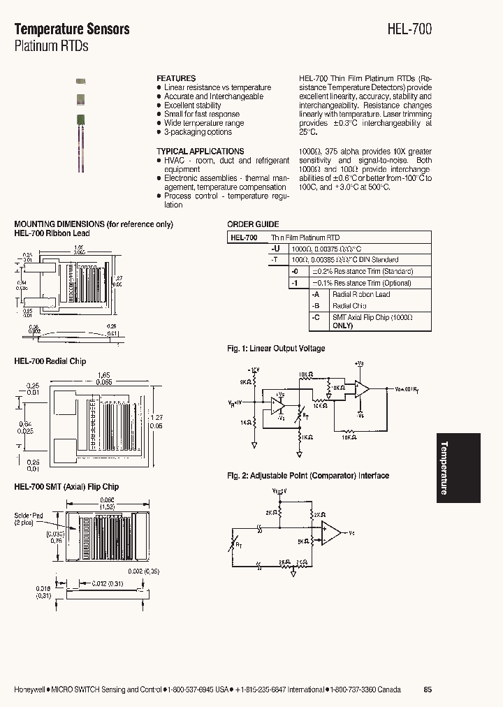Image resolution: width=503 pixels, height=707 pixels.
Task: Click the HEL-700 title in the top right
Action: coord(410,29)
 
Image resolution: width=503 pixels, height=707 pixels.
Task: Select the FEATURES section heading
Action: coord(176,78)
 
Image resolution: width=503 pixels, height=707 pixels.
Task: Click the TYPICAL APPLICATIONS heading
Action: coord(200,151)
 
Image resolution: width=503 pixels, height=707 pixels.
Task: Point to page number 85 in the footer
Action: coord(428,690)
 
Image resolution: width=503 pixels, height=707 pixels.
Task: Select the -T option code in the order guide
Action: coord(275,259)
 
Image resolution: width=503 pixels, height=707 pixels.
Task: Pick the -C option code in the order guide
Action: coord(316,317)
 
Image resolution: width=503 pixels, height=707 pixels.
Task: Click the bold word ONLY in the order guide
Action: coord(342,326)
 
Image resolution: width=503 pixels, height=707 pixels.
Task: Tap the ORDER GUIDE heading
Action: coord(253,224)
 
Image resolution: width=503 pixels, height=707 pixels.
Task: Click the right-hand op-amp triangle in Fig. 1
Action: coord(361,389)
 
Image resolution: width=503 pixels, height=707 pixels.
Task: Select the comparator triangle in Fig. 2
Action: coord(332,533)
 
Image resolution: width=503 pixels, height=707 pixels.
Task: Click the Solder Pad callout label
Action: coord(29,518)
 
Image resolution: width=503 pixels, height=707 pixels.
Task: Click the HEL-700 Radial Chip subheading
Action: coord(50,361)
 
